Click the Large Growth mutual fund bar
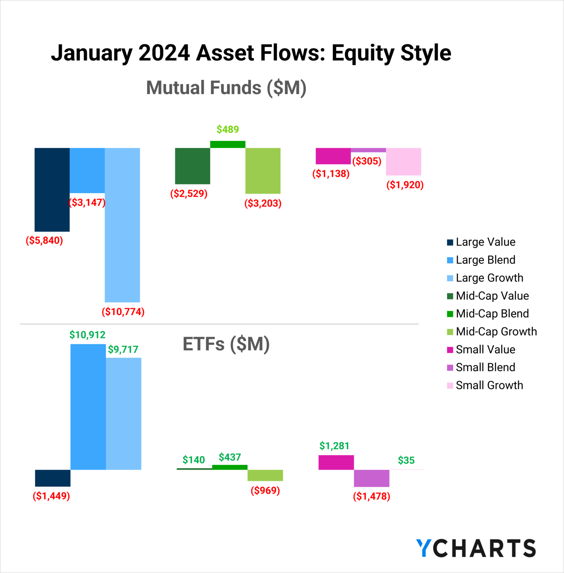(x=122, y=225)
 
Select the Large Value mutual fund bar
(x=52, y=190)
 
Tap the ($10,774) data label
(x=123, y=311)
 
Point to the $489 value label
(x=228, y=129)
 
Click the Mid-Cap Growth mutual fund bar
(x=263, y=170)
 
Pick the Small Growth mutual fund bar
(x=403, y=162)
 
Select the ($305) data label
(x=367, y=161)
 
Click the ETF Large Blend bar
(x=88, y=407)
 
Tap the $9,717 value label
(x=123, y=350)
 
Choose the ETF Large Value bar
(x=53, y=478)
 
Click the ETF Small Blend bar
(x=372, y=478)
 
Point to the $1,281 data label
(x=334, y=446)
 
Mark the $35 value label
(x=406, y=460)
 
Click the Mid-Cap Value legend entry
(x=492, y=296)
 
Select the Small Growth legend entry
(x=489, y=385)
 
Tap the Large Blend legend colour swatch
(x=450, y=260)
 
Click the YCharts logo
(x=476, y=548)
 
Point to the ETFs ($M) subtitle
(x=226, y=344)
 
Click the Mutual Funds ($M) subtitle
(x=226, y=88)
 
